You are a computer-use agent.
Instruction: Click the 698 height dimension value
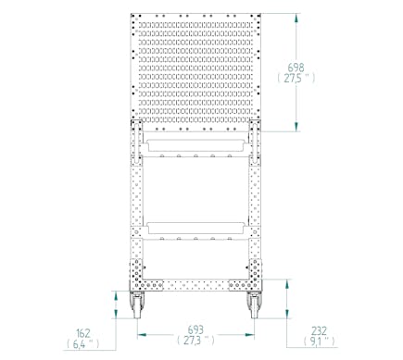coord(296,68)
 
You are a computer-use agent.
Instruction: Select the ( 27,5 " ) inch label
coord(296,79)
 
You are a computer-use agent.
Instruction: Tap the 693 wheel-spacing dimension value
coord(195,329)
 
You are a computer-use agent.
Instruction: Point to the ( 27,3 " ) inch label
coord(195,341)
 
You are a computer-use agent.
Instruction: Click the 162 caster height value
coord(83,333)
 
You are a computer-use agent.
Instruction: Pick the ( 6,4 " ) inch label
coord(83,344)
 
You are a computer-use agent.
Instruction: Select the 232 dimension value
coord(319,331)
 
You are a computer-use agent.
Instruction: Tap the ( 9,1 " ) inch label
coord(319,341)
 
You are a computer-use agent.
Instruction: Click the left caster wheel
coord(136,305)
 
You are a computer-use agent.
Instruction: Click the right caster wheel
coord(254,305)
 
